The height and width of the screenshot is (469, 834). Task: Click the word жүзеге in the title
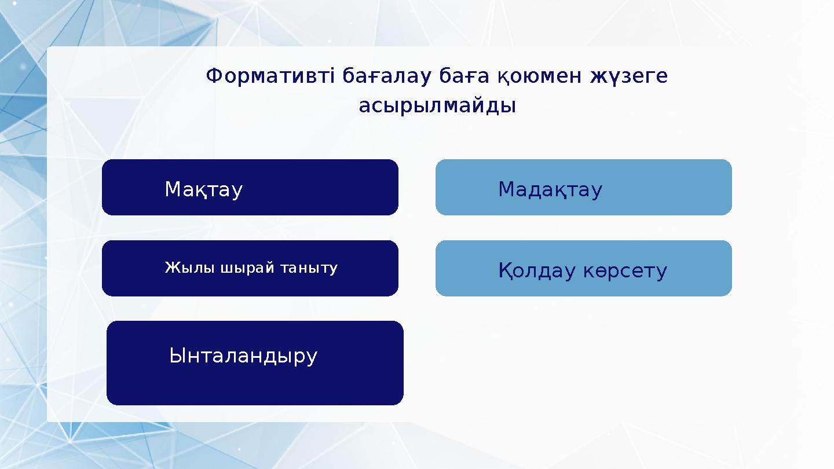click(x=628, y=76)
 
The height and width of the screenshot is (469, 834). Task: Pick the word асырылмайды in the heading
click(x=437, y=106)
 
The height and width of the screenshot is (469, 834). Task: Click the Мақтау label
click(x=203, y=189)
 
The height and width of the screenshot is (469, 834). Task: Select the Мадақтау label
click(x=550, y=189)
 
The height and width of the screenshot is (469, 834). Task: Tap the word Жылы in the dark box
click(x=182, y=268)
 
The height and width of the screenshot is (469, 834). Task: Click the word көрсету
click(x=625, y=270)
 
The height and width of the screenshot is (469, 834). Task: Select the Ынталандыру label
click(x=243, y=356)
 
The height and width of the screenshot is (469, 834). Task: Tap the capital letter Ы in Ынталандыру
click(x=176, y=356)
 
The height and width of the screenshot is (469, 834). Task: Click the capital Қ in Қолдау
click(x=505, y=270)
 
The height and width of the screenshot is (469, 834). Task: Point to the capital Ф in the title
click(x=214, y=76)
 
